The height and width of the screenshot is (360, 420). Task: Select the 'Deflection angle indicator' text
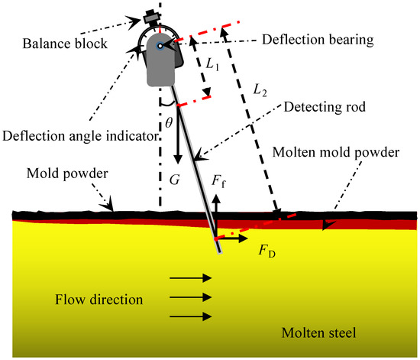(x=81, y=135)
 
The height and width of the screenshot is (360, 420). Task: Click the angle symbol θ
(x=170, y=121)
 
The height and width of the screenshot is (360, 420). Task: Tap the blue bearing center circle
(x=160, y=47)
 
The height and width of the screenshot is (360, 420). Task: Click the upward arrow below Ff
(x=216, y=211)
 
